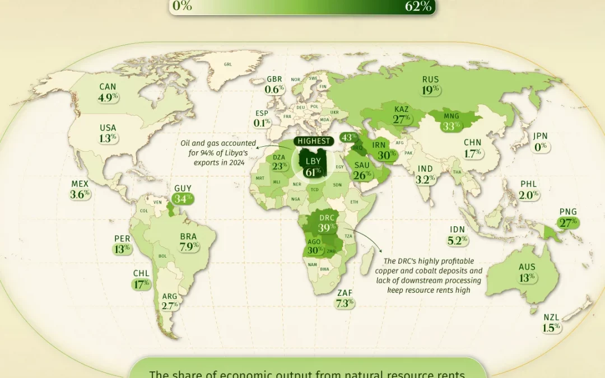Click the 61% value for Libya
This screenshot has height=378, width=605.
tap(313, 172)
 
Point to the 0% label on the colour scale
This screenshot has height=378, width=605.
tap(183, 6)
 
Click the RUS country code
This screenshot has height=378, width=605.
tap(431, 80)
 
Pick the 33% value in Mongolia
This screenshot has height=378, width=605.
tap(450, 126)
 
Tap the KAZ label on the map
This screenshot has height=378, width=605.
tap(402, 109)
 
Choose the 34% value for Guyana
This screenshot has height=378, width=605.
tap(183, 198)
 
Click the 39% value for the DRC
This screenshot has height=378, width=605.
tap(327, 228)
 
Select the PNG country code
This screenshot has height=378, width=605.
tap(568, 212)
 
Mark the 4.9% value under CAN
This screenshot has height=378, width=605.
tap(108, 97)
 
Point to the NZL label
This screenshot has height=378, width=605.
tap(551, 318)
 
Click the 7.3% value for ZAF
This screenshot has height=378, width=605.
tap(345, 303)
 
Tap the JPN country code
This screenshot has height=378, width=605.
tap(541, 136)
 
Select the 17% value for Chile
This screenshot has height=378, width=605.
tap(141, 284)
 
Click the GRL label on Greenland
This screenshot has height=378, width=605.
tap(227, 64)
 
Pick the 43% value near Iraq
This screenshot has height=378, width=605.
tap(349, 137)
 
